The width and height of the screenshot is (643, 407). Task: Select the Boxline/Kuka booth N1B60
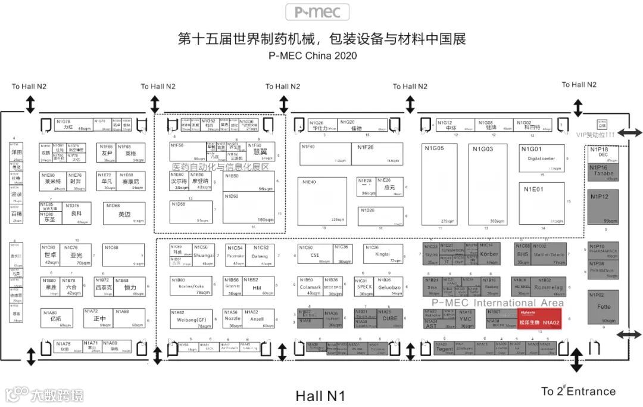[190, 287]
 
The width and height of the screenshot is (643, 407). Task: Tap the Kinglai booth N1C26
[383, 254]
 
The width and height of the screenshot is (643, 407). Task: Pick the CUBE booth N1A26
[389, 319]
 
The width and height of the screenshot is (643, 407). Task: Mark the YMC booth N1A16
[466, 319]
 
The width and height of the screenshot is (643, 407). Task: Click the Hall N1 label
[320, 396]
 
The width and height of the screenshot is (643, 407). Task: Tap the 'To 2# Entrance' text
[578, 392]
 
